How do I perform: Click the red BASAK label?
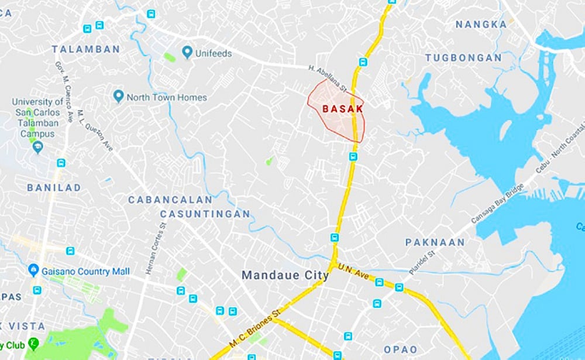click(343, 109)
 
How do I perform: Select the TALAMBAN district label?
click(85, 50)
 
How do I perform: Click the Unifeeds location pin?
click(187, 53)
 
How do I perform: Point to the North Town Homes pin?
click(118, 96)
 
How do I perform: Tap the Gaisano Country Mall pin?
click(33, 270)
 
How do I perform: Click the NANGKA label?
click(481, 25)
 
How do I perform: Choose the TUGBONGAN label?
click(463, 58)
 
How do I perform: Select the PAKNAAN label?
click(435, 242)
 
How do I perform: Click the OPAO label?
click(401, 349)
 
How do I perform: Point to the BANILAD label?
click(54, 188)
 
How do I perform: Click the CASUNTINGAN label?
click(205, 214)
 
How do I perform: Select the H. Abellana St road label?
click(328, 78)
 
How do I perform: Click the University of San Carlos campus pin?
click(39, 146)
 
